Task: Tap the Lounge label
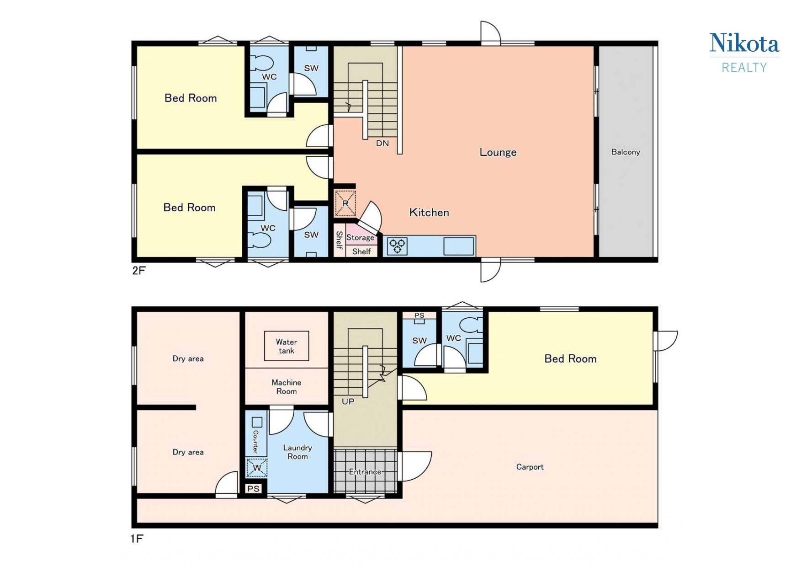[x=498, y=152]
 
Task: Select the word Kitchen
[x=429, y=212]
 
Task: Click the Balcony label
[x=626, y=152]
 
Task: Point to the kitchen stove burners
[x=397, y=246]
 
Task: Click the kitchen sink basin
[x=458, y=246]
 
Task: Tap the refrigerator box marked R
[x=345, y=203]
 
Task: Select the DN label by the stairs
[x=382, y=143]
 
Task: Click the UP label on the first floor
[x=348, y=401]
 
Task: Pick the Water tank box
[x=287, y=346]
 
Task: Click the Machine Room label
[x=287, y=387]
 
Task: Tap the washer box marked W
[x=257, y=467]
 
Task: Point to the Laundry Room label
[x=297, y=452]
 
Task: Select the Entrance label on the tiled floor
[x=365, y=472]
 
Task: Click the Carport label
[x=530, y=467]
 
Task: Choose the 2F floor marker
[x=138, y=271]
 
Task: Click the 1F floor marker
[x=137, y=539]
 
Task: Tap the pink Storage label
[x=360, y=238]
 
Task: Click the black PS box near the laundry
[x=253, y=489]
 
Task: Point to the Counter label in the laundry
[x=255, y=441]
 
